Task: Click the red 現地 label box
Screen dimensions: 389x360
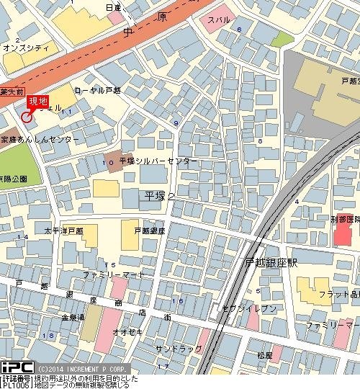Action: click(x=37, y=102)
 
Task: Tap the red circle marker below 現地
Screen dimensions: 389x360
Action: click(x=27, y=117)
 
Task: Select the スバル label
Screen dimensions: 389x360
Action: click(x=218, y=20)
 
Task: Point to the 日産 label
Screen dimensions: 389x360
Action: click(x=114, y=7)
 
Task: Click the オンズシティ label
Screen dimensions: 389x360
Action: click(x=25, y=48)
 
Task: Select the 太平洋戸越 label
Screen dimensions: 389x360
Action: click(x=63, y=231)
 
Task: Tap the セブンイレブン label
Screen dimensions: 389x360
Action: click(x=250, y=308)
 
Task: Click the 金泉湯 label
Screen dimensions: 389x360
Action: click(x=72, y=317)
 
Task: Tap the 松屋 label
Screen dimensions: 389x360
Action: click(x=266, y=355)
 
